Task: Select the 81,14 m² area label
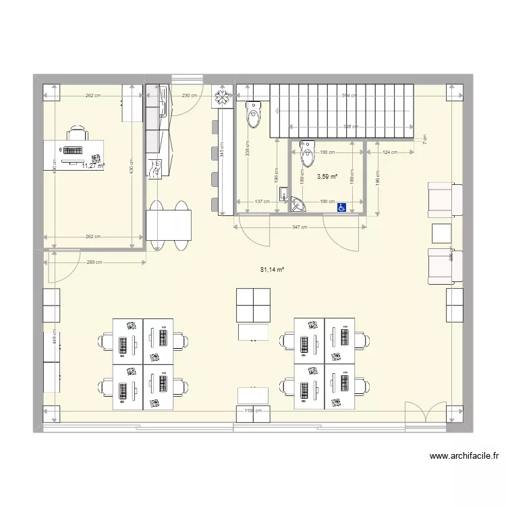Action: [272, 270]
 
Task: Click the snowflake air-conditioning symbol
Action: [221, 99]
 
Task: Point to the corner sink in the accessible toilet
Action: [298, 205]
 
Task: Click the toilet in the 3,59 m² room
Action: [307, 153]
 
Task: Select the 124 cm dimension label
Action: [390, 152]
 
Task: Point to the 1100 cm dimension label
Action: [252, 410]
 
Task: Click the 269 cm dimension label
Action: [94, 262]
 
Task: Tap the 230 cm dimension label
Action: [190, 96]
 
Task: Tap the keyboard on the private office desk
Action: [74, 152]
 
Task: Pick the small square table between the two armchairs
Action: [443, 233]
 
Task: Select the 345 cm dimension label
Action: [223, 152]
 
